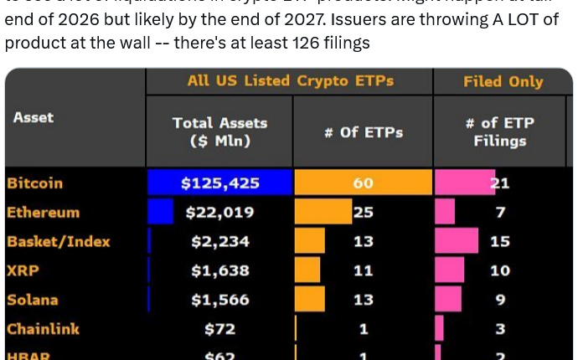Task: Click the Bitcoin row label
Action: click(x=34, y=183)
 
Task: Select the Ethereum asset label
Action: click(x=43, y=212)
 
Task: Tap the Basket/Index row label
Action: click(x=59, y=241)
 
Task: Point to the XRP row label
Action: click(x=23, y=270)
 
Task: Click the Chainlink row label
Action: click(x=43, y=329)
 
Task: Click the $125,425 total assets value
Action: click(x=220, y=183)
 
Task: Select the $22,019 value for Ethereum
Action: click(x=220, y=213)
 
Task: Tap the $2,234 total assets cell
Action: click(x=220, y=242)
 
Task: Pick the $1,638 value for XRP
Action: click(x=220, y=270)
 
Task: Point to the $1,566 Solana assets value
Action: click(x=220, y=300)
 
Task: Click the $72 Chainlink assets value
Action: click(x=220, y=329)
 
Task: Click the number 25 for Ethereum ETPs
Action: click(x=364, y=213)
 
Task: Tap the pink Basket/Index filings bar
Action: click(x=457, y=241)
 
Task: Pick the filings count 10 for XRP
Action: click(x=500, y=270)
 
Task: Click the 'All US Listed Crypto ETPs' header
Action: click(x=291, y=81)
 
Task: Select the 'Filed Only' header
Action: click(x=503, y=81)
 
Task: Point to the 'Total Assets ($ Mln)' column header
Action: click(x=219, y=131)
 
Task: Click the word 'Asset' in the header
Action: click(x=34, y=117)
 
